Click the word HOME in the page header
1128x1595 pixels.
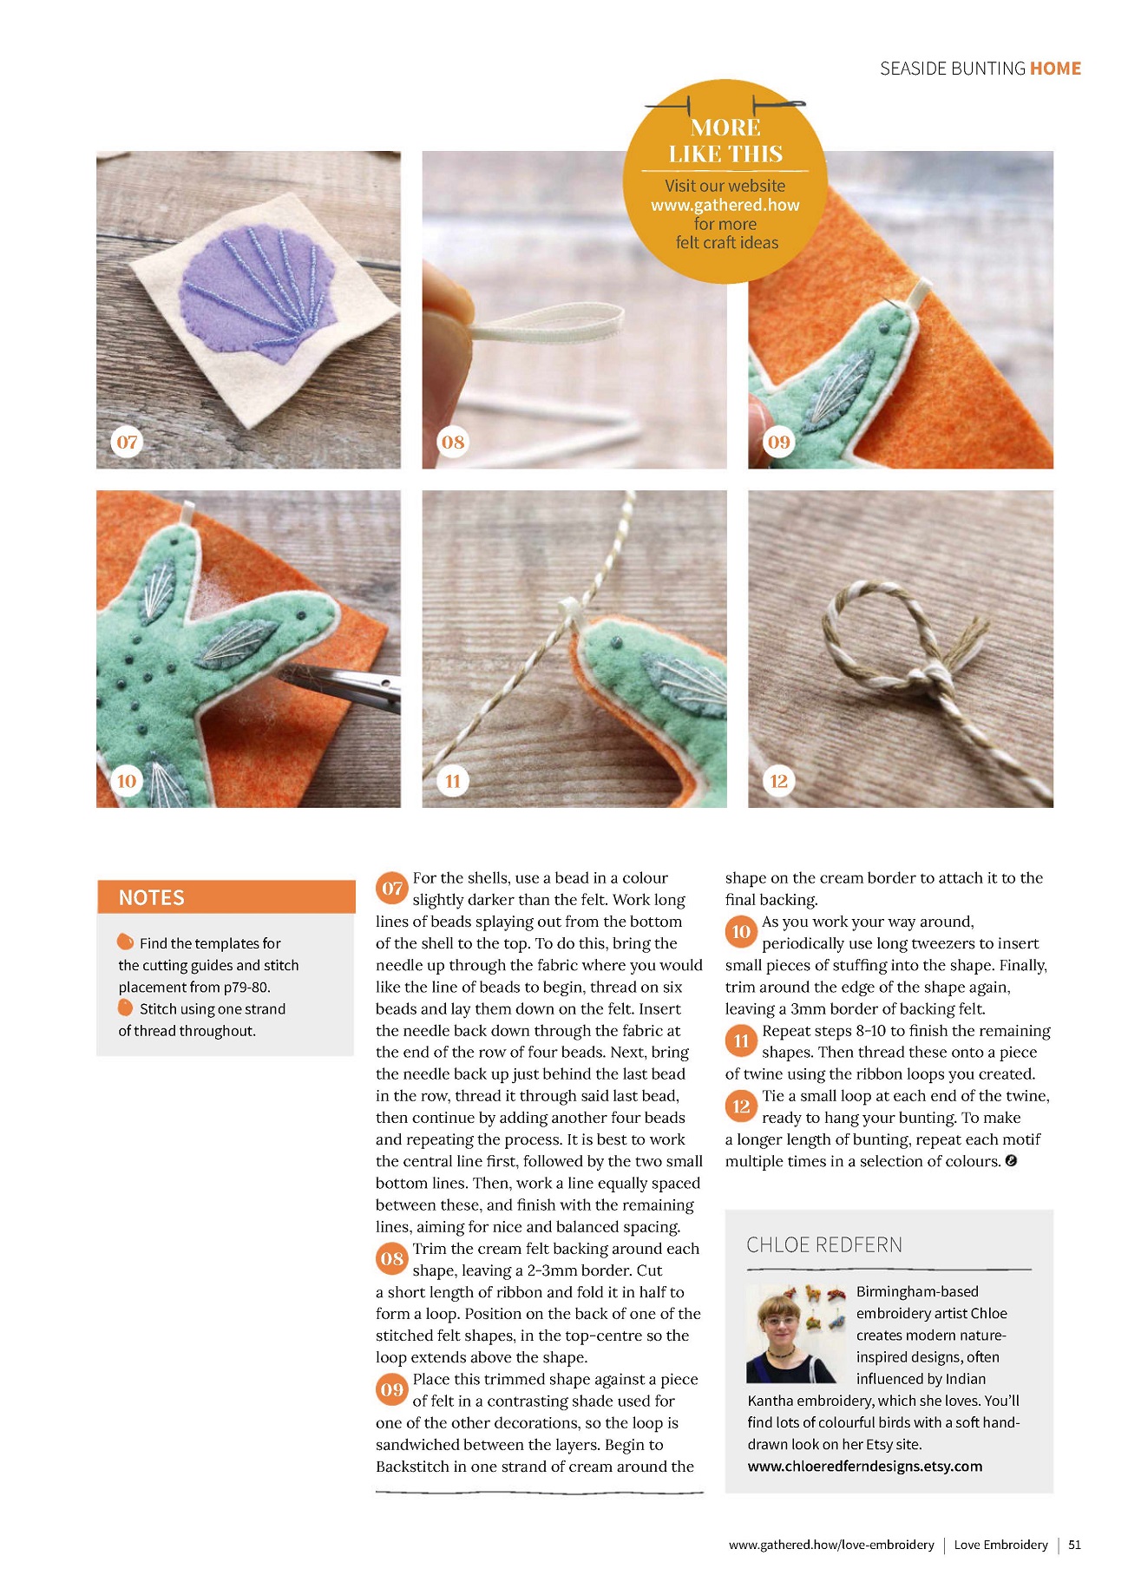point(1055,69)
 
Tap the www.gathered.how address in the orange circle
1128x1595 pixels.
point(725,205)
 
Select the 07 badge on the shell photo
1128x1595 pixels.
point(128,442)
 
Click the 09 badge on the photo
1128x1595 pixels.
point(779,442)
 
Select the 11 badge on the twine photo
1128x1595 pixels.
point(453,781)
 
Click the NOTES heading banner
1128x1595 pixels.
point(226,897)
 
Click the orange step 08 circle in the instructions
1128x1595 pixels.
point(392,1258)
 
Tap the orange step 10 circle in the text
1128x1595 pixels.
point(741,931)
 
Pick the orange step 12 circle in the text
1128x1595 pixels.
point(741,1106)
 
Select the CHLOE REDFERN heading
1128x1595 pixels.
point(824,1245)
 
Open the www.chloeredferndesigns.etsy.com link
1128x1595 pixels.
point(865,1467)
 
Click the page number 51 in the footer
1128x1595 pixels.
point(1075,1545)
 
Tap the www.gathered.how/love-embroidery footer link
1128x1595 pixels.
point(831,1545)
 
